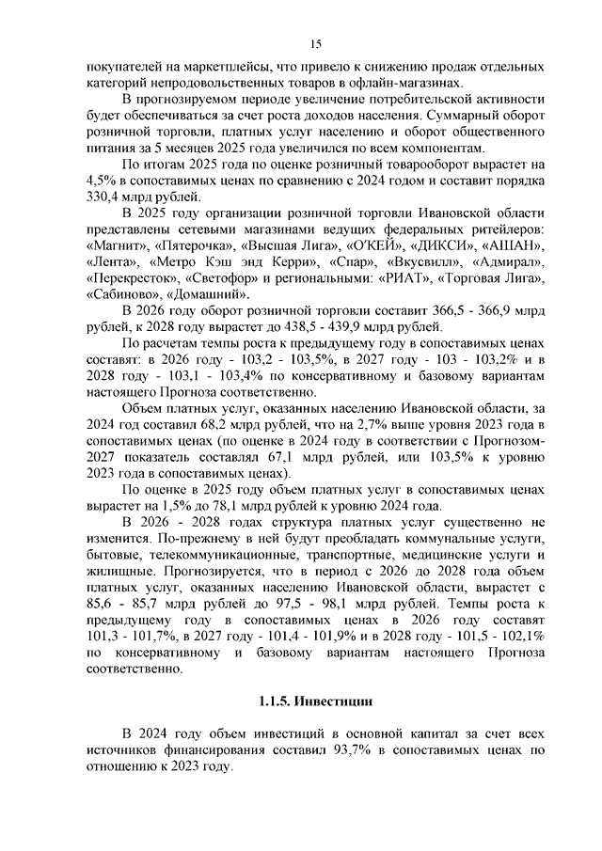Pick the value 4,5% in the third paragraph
tap(101, 180)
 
